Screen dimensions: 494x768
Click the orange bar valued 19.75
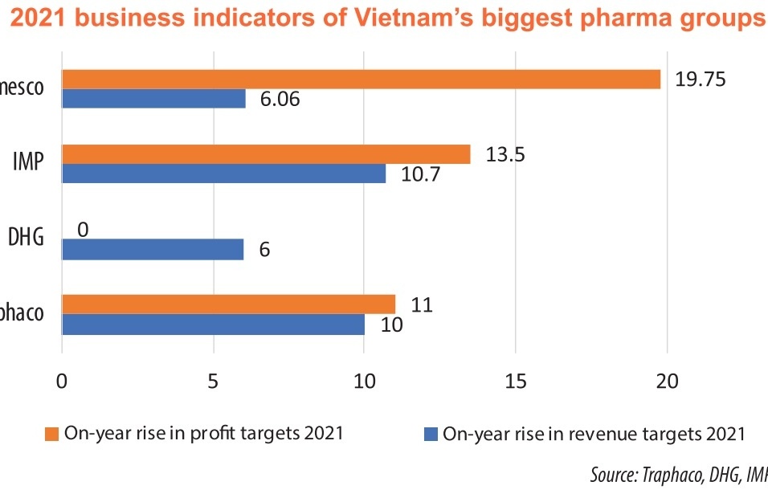click(x=361, y=79)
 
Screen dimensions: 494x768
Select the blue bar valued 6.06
click(x=153, y=98)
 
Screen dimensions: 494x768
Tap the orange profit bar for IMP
click(x=266, y=154)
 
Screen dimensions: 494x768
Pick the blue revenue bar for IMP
click(x=223, y=174)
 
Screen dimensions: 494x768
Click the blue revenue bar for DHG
click(x=153, y=249)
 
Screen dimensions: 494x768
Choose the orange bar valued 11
click(x=228, y=304)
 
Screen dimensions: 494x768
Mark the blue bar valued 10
click(x=213, y=324)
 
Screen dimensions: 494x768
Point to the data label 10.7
click(x=420, y=174)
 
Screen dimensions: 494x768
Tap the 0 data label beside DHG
click(x=83, y=230)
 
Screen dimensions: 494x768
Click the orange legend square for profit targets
click(x=51, y=435)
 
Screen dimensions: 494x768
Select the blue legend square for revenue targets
click(x=430, y=435)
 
